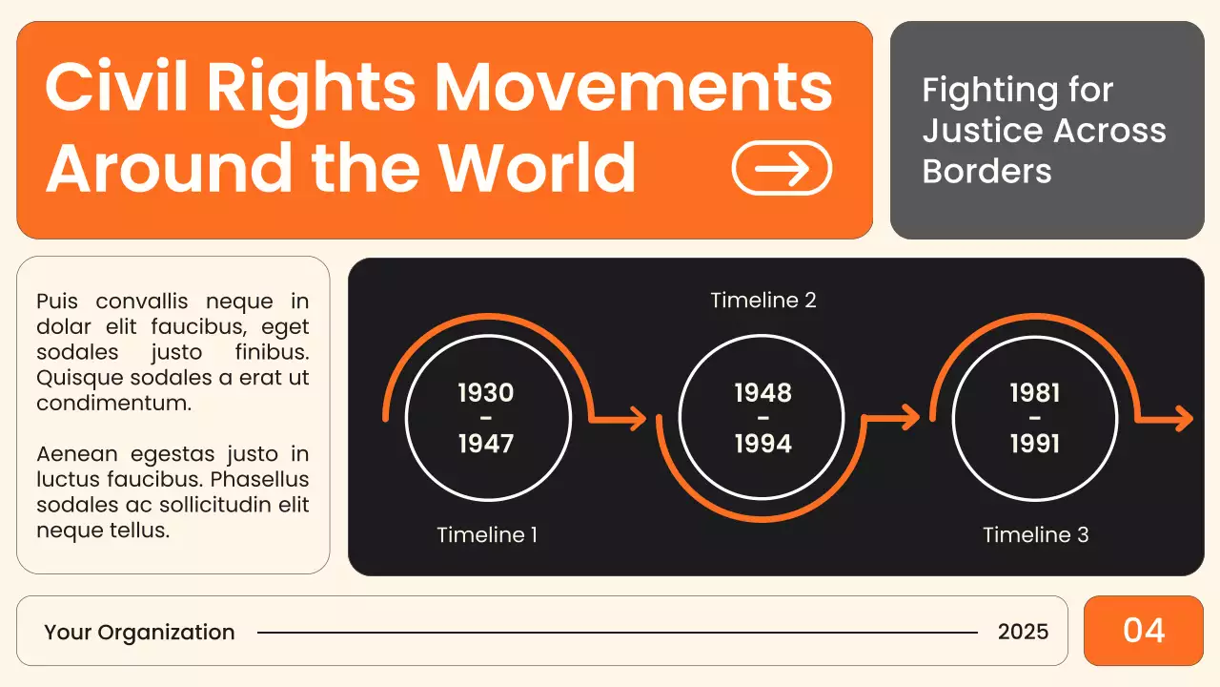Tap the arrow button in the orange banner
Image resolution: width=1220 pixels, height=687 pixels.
(x=782, y=168)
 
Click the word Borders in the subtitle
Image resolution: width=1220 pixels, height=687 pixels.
(x=986, y=172)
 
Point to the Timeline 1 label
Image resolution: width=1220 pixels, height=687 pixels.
(x=487, y=535)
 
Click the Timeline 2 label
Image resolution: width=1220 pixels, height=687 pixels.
(x=763, y=300)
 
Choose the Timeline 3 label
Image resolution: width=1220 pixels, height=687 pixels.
(x=1036, y=535)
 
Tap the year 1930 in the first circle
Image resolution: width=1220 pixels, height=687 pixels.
(x=486, y=393)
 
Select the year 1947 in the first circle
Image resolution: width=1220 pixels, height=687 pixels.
(x=486, y=444)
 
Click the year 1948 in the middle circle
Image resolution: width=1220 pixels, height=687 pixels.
(x=762, y=393)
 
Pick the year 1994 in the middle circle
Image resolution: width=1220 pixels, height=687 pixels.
(x=762, y=444)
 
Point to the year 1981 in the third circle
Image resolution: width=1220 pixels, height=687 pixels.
(x=1035, y=393)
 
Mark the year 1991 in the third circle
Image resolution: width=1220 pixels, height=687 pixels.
(x=1035, y=444)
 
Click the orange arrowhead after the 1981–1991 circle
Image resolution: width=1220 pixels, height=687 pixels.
(x=1183, y=418)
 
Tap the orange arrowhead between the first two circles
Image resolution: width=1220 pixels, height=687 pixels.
(x=637, y=418)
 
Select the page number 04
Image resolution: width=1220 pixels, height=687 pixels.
(x=1144, y=631)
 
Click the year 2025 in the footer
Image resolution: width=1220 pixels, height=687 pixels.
(x=1023, y=632)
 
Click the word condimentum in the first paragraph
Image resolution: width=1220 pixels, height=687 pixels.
(x=113, y=403)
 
